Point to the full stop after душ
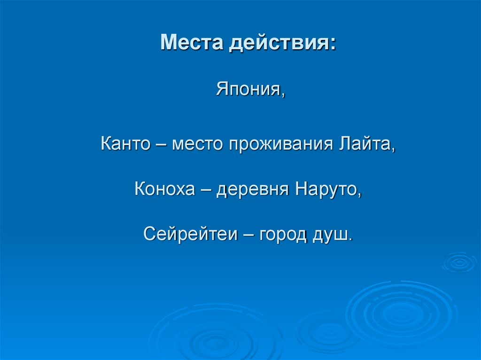[x=349, y=239]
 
